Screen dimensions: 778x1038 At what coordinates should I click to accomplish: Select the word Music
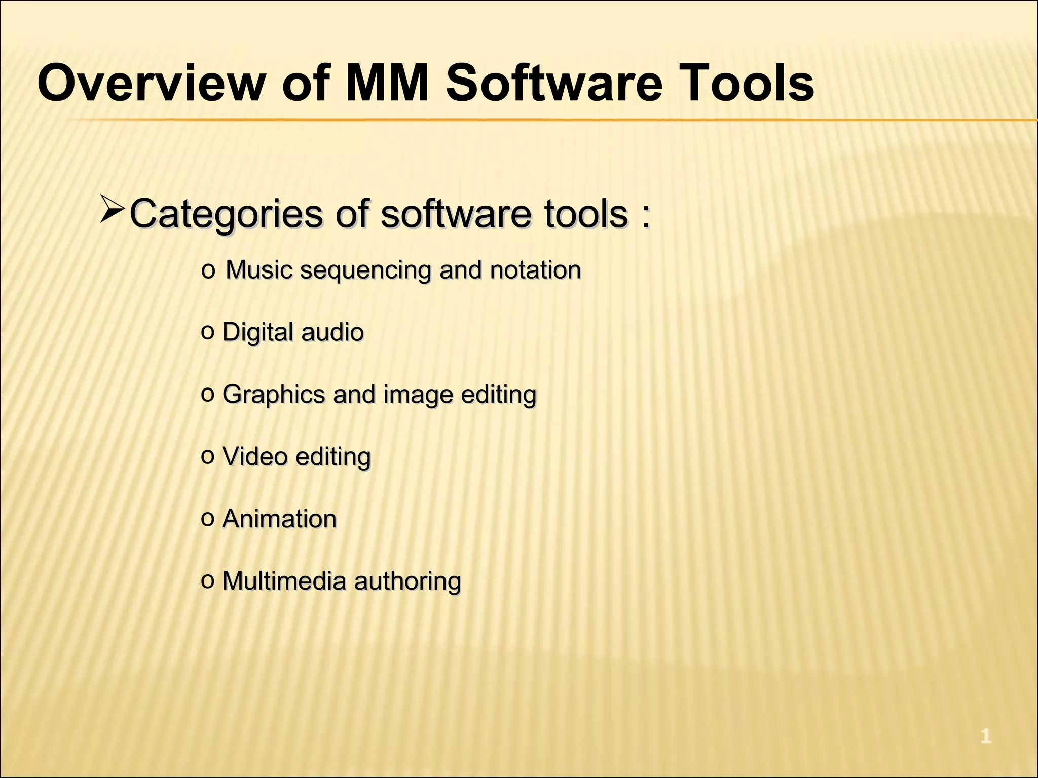click(x=259, y=270)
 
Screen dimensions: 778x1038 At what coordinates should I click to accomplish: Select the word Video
click(x=255, y=457)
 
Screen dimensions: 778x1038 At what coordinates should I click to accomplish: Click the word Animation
click(x=279, y=519)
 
